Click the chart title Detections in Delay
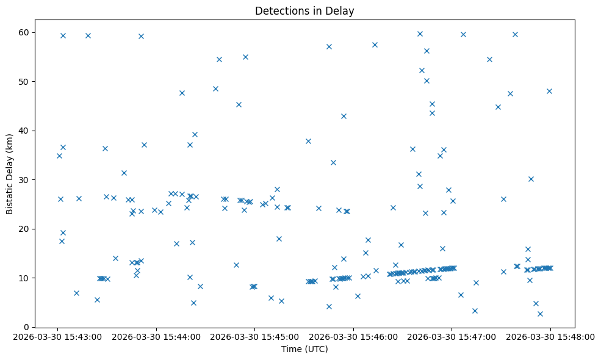coord(304,11)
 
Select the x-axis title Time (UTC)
coord(304,349)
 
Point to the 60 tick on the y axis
coord(29,32)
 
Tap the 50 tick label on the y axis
coord(29,81)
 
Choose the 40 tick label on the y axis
coord(29,131)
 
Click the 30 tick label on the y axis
coord(29,179)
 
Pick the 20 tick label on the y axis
coord(29,229)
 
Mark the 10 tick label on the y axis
coord(29,278)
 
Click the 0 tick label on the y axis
coord(31,327)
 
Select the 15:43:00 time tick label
coord(58,336)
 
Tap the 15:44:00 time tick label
coord(156,336)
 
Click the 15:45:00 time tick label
coord(254,336)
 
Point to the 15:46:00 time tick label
coord(353,336)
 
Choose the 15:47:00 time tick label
coord(452,336)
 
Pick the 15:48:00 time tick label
coord(550,336)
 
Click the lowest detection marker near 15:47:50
coord(540,314)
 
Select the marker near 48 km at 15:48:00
coord(549,91)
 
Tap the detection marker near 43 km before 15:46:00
coord(344,116)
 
